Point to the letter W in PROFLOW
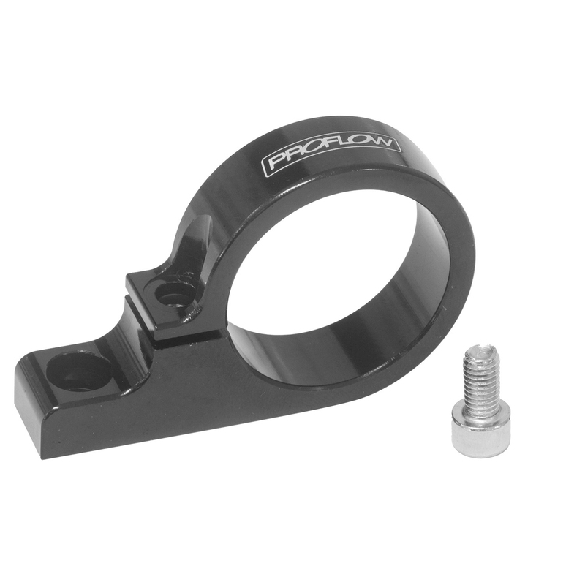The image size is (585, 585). pos(388,142)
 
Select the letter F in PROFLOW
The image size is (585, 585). pos(328,152)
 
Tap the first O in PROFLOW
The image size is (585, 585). pos(309,156)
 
